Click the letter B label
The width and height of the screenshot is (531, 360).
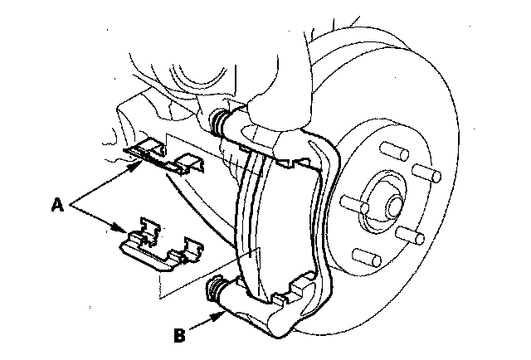click(178, 336)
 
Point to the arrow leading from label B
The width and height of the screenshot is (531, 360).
click(204, 324)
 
